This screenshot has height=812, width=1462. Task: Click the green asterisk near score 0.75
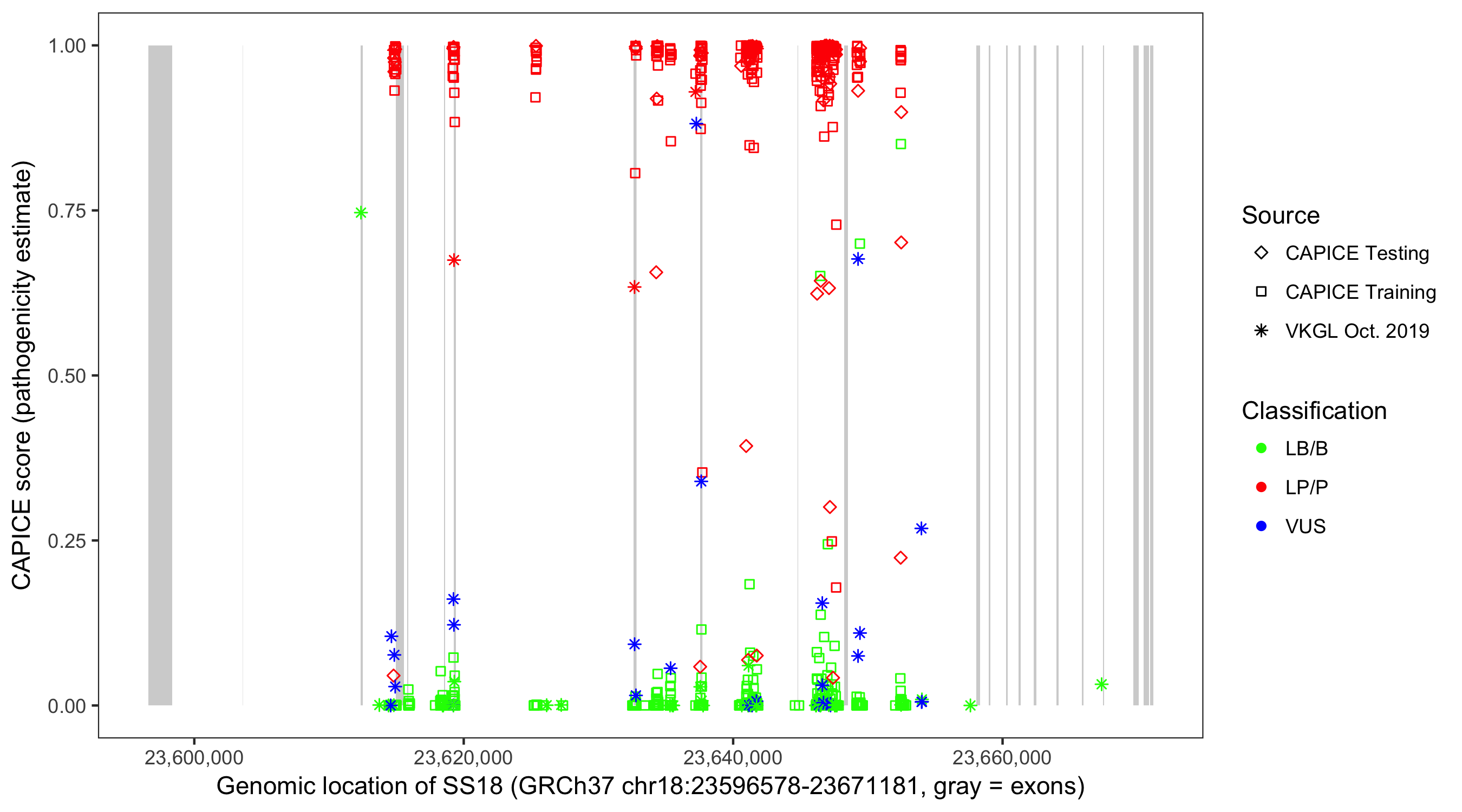click(x=361, y=213)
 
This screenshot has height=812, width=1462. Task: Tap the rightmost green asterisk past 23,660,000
click(x=1101, y=684)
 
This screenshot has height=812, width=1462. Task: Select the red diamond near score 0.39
click(x=746, y=446)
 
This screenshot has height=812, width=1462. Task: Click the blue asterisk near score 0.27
click(x=921, y=528)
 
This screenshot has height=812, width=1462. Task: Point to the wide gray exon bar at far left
click(x=160, y=375)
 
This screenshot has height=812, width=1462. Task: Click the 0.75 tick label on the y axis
click(x=67, y=211)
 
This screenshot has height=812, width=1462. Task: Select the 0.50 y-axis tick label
click(x=67, y=376)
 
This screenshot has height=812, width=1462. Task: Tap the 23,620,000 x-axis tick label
click(x=463, y=757)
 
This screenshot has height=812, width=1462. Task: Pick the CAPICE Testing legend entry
click(x=1357, y=253)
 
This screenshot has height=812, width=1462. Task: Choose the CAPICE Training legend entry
click(x=1360, y=292)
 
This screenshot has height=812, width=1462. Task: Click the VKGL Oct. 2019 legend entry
click(x=1357, y=331)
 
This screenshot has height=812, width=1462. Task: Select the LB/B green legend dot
click(x=1262, y=448)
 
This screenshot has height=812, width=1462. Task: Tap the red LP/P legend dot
click(x=1262, y=487)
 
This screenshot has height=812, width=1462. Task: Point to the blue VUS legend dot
click(x=1262, y=526)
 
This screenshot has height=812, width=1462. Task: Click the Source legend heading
click(x=1281, y=215)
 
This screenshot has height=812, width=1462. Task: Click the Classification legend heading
click(x=1314, y=411)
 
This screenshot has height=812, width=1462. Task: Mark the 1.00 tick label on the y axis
click(x=67, y=46)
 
